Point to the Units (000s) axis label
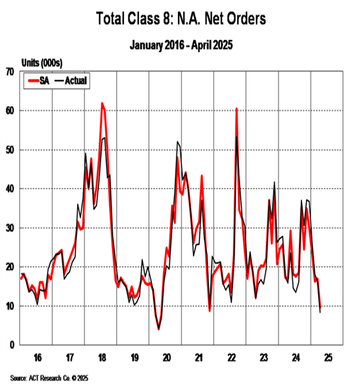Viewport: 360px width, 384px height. [x=41, y=62]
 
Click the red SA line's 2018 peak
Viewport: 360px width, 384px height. [x=102, y=103]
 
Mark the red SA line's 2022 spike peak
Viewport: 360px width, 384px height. [x=237, y=108]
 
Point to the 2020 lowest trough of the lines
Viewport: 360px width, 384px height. [x=158, y=329]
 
